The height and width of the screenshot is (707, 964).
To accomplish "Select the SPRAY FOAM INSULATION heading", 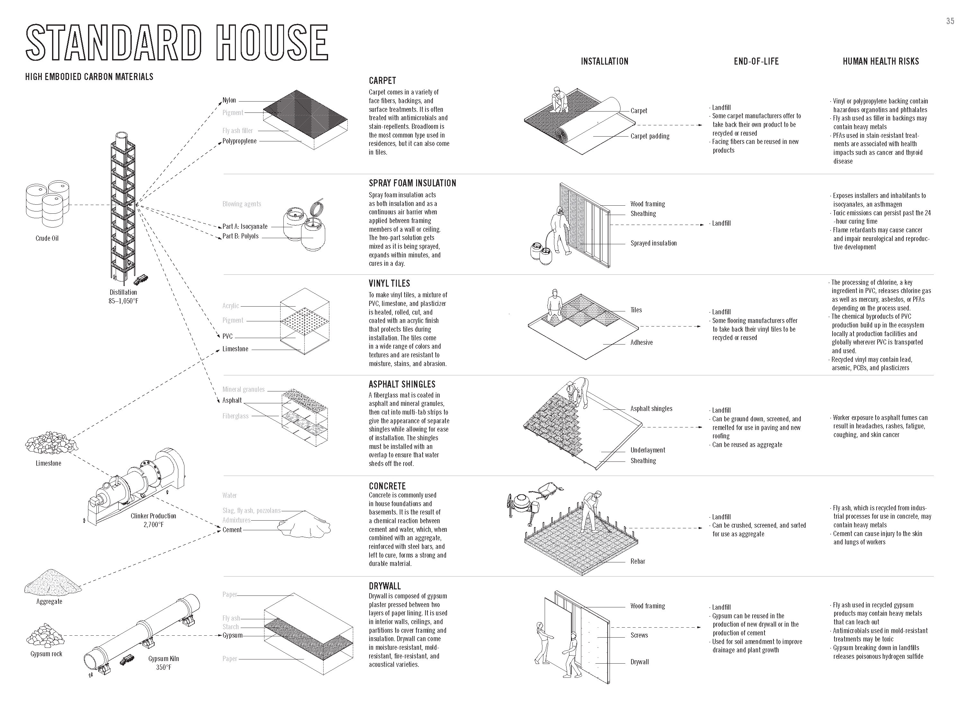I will (412, 183).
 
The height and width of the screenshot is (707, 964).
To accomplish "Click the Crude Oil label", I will (47, 238).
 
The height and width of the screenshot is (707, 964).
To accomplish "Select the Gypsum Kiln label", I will (164, 659).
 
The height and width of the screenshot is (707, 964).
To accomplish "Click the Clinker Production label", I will (153, 516).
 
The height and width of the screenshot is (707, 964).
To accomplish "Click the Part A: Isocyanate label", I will (245, 226).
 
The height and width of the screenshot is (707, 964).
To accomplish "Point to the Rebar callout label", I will (638, 561).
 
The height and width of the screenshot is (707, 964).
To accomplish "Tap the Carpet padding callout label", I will (649, 136).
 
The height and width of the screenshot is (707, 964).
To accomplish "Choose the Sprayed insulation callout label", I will (653, 243).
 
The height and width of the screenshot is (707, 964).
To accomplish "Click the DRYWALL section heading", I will (385, 586).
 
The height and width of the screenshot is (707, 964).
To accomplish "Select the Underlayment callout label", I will (647, 450).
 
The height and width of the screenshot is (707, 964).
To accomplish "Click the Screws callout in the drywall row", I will (639, 635).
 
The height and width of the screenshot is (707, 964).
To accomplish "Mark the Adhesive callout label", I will (641, 342).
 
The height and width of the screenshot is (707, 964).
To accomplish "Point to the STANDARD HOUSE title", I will (177, 42).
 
